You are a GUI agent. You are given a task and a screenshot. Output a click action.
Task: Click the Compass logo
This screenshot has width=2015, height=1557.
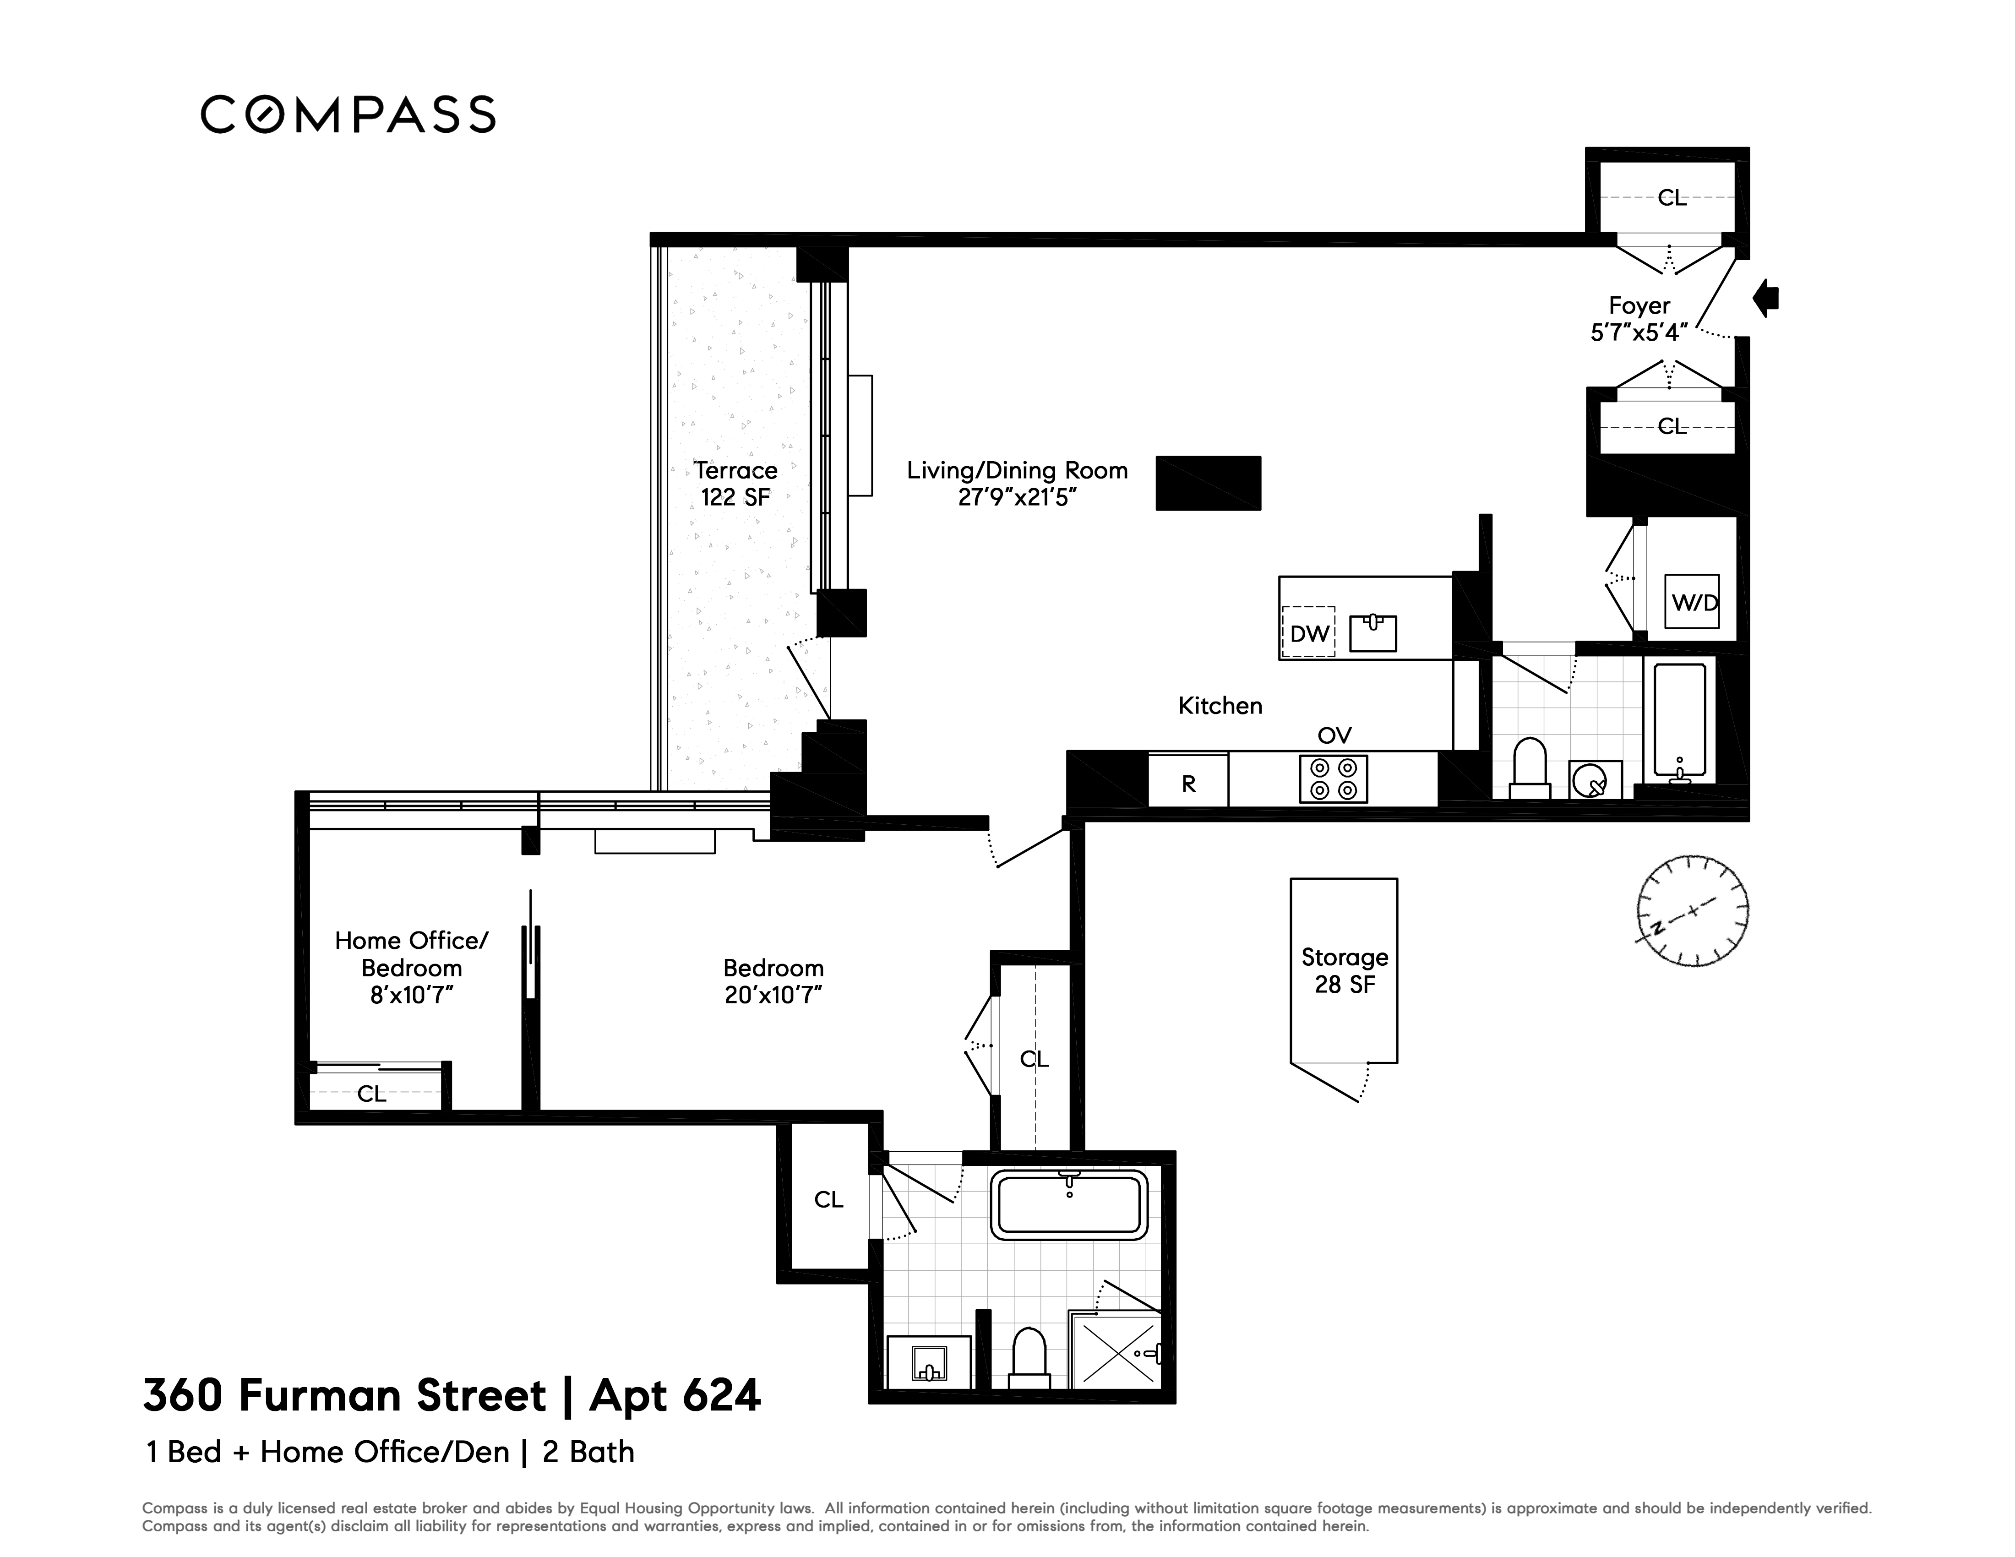pyautogui.click(x=348, y=114)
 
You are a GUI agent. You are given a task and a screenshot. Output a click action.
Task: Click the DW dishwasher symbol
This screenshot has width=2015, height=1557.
pyautogui.click(x=1308, y=633)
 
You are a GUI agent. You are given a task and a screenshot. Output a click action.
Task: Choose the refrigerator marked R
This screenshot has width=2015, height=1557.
pyautogui.click(x=1188, y=782)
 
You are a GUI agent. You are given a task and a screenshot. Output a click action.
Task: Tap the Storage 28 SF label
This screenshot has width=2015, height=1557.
pyautogui.click(x=1344, y=970)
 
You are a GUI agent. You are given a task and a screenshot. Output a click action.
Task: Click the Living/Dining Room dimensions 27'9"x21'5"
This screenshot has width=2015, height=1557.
pyautogui.click(x=1017, y=498)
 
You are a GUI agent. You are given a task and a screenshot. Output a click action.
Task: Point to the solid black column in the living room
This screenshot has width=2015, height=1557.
pyautogui.click(x=1208, y=482)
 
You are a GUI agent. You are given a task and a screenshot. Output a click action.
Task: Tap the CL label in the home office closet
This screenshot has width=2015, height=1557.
pyautogui.click(x=372, y=1094)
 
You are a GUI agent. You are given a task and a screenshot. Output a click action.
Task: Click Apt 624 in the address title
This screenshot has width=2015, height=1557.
pyautogui.click(x=675, y=1396)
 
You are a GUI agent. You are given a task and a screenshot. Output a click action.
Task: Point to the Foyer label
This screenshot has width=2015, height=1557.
pyautogui.click(x=1639, y=305)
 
